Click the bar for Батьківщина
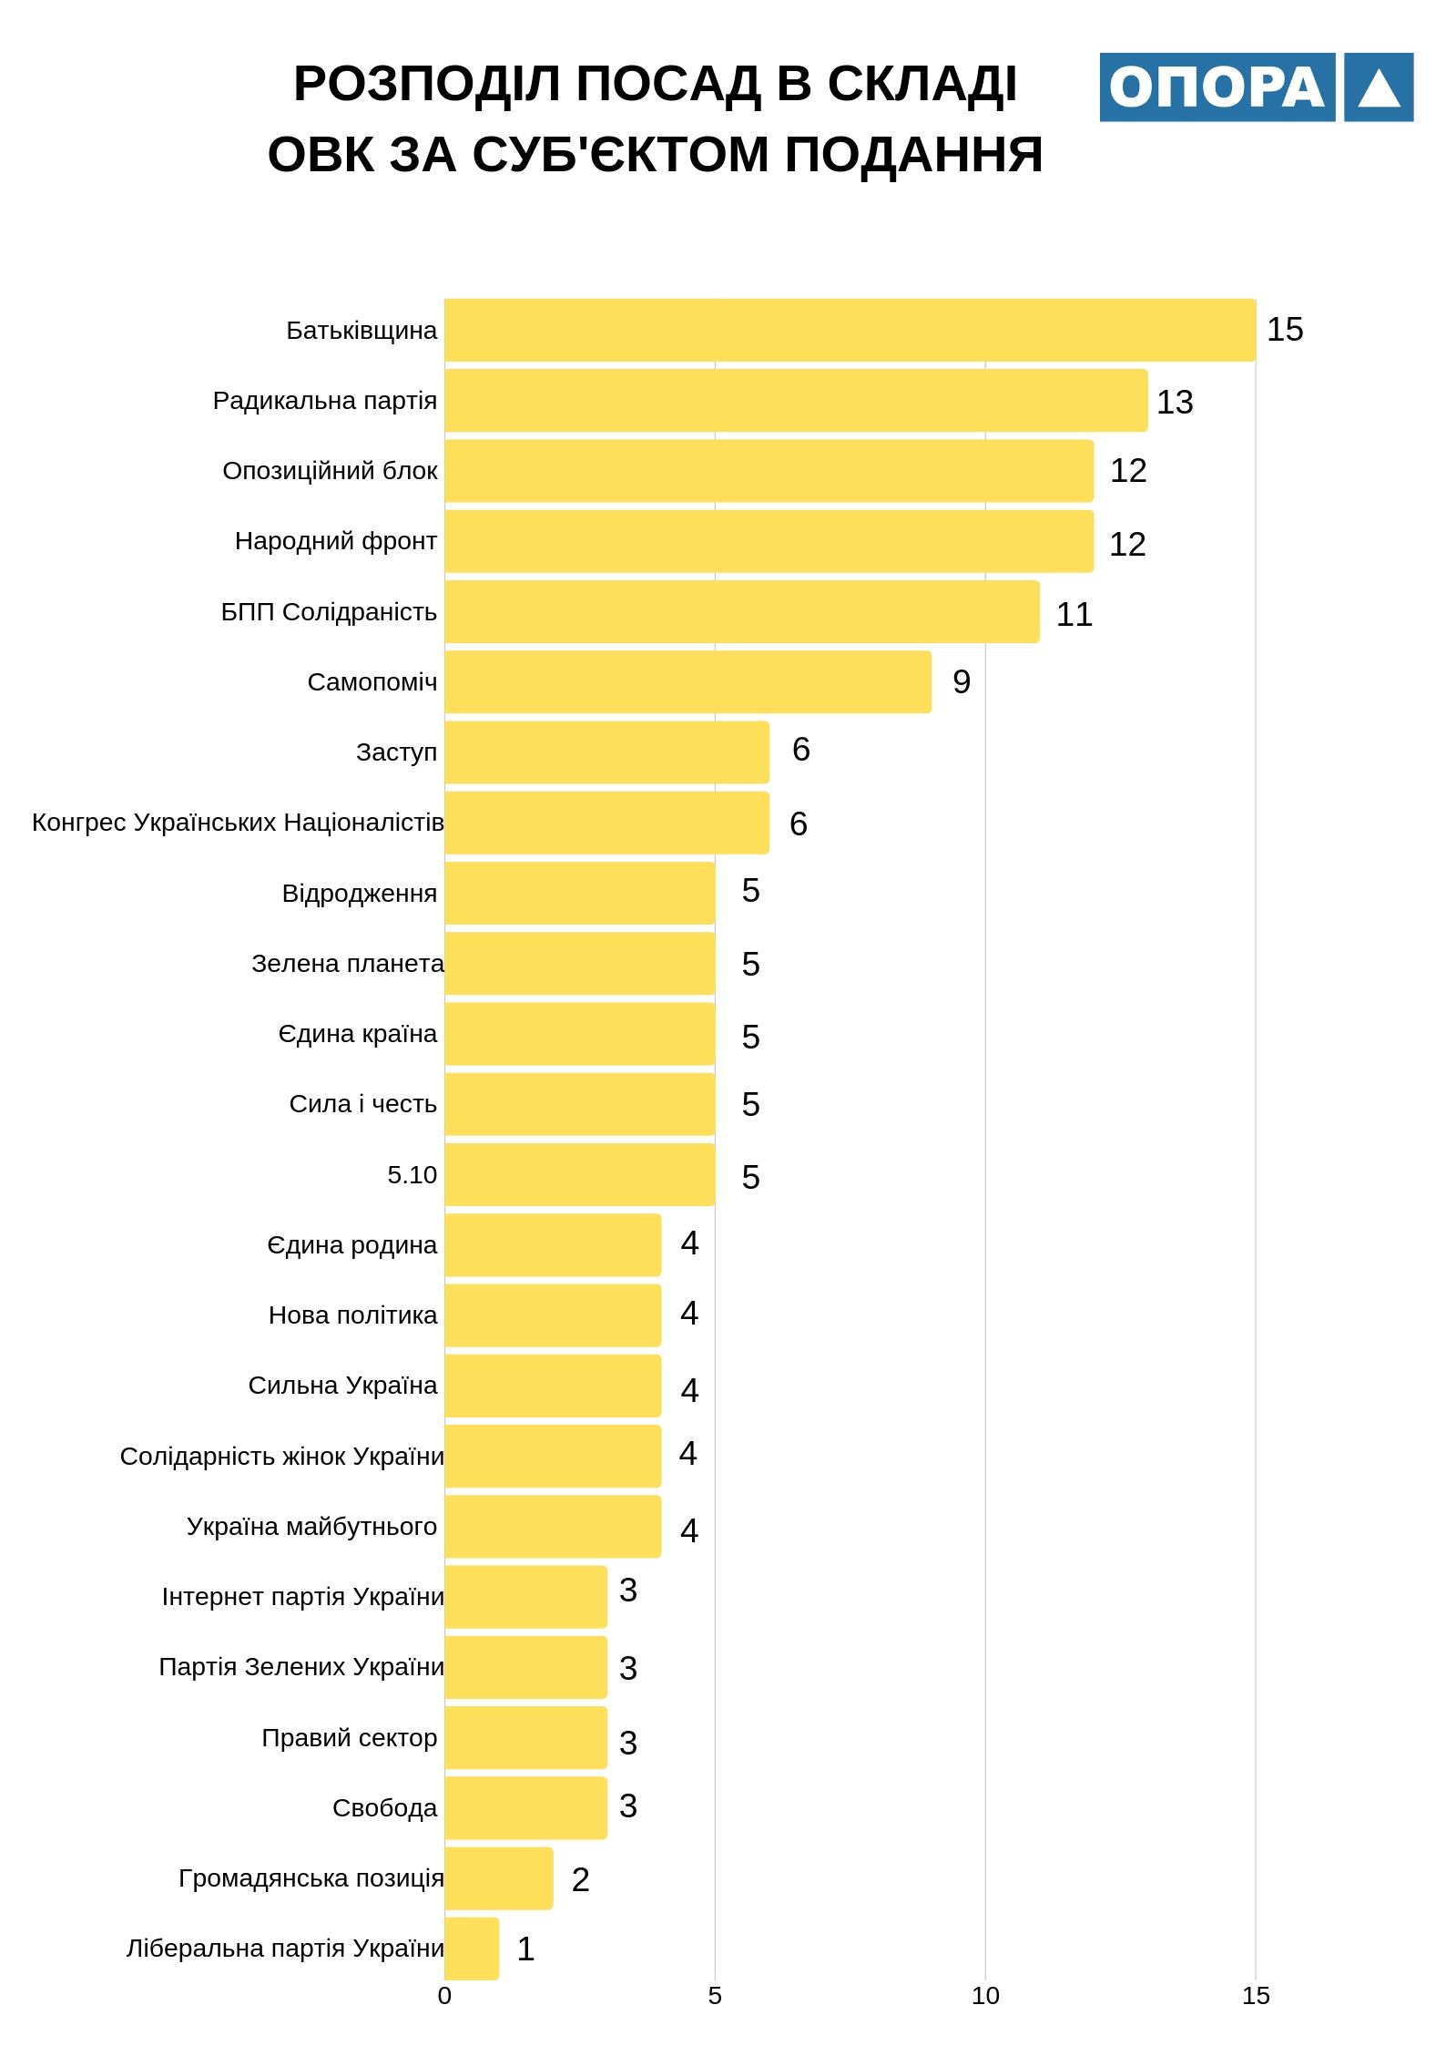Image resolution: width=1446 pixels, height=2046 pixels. pyautogui.click(x=850, y=330)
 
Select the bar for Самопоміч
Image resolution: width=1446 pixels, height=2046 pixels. pyautogui.click(x=687, y=681)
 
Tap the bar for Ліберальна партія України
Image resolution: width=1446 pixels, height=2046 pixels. pyautogui.click(x=472, y=1948)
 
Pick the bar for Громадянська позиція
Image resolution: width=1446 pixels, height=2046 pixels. pyautogui.click(x=498, y=1877)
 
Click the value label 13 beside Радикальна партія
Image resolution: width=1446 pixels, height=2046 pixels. pyautogui.click(x=1175, y=402)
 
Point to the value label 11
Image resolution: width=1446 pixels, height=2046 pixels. pyautogui.click(x=1074, y=614)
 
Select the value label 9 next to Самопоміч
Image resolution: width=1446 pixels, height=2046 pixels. pyautogui.click(x=962, y=681)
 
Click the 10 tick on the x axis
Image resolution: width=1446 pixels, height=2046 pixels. pyautogui.click(x=985, y=1996)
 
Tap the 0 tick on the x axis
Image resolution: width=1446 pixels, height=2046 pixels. pyautogui.click(x=444, y=1996)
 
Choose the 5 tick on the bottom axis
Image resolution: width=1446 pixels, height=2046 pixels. pyautogui.click(x=715, y=1996)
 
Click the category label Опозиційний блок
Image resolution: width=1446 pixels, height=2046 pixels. pyautogui.click(x=330, y=471)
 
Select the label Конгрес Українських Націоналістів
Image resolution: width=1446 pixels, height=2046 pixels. pyautogui.click(x=238, y=823)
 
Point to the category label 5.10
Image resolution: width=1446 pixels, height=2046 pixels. pyautogui.click(x=412, y=1174)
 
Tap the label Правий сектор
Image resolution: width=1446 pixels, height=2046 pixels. pyautogui.click(x=349, y=1737)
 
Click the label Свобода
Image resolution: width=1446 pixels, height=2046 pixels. pyautogui.click(x=384, y=1807)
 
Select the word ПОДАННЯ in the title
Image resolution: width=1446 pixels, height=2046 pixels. pyautogui.click(x=913, y=154)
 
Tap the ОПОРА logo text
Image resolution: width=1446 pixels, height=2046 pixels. pyautogui.click(x=1217, y=87)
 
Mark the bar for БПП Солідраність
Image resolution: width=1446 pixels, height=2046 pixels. pyautogui.click(x=741, y=611)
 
